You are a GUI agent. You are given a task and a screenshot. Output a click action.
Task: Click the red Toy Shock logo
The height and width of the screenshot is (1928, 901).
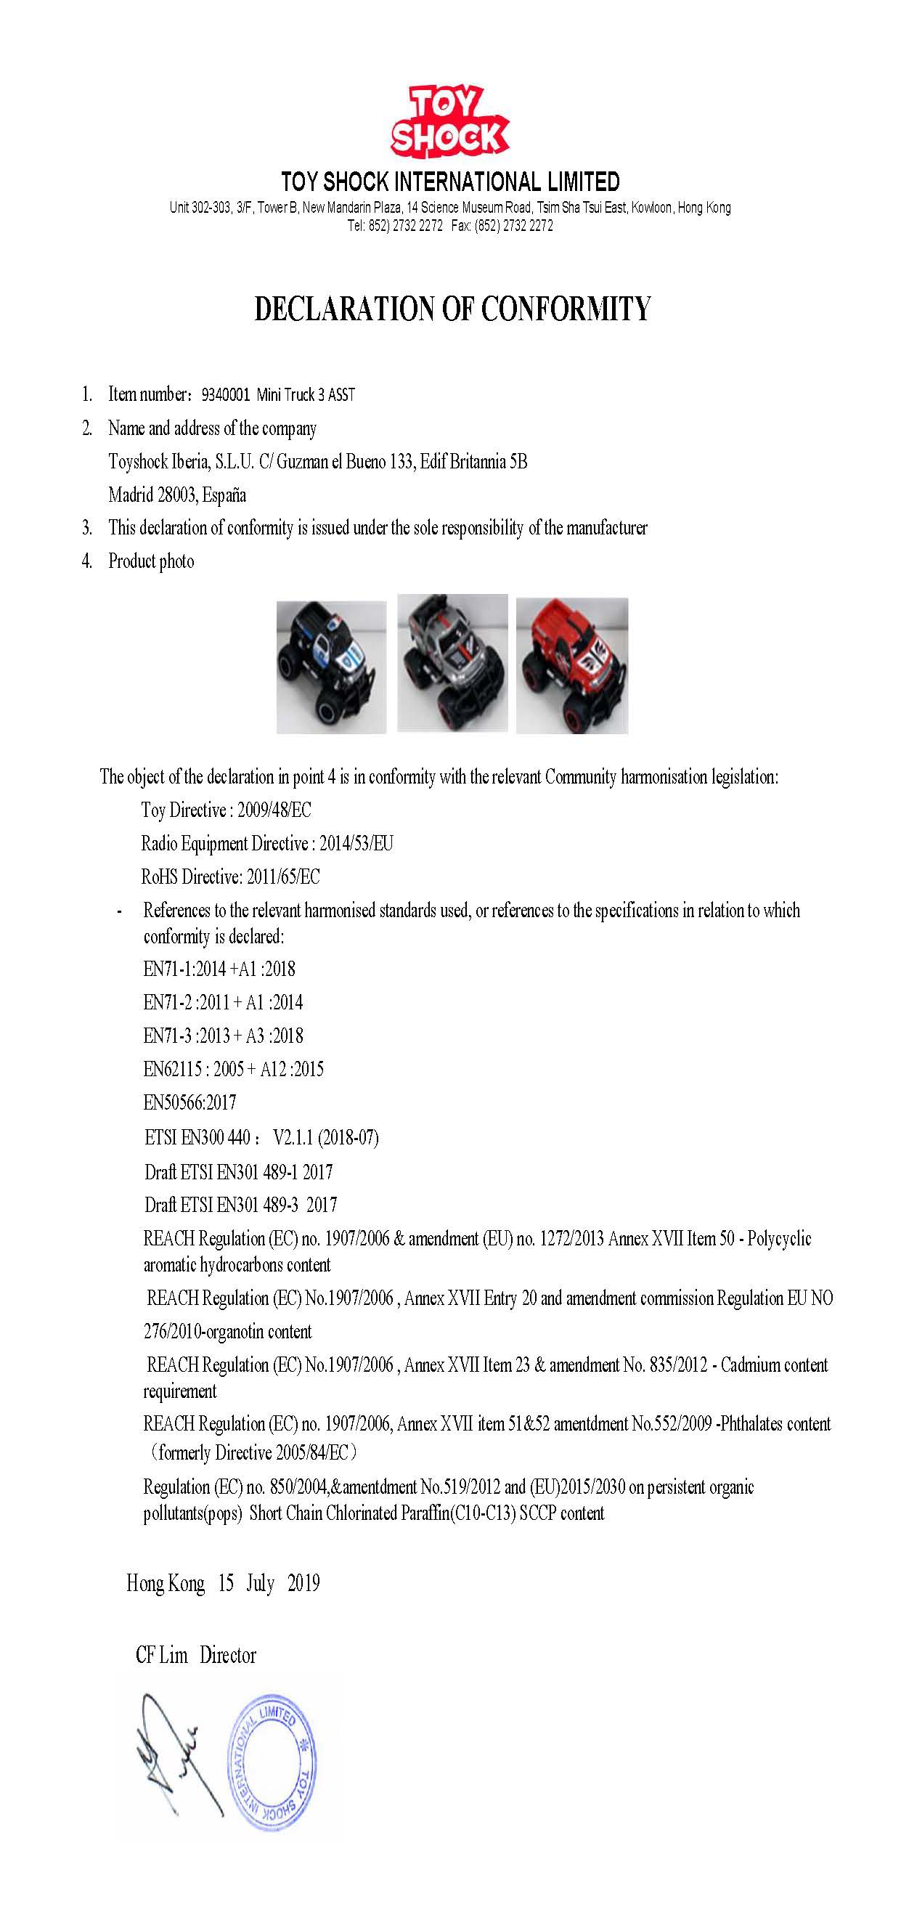point(449,123)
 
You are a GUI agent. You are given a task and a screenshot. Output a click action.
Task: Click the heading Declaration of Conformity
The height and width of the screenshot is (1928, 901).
point(452,309)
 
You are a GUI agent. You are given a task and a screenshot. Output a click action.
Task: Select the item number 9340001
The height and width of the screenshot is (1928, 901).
point(225,394)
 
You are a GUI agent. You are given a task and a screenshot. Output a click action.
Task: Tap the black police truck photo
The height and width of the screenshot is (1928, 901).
point(332,666)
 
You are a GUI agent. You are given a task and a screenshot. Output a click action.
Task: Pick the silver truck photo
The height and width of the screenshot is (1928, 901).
point(452,663)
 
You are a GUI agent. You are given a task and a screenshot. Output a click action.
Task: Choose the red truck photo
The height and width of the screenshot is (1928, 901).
point(573,664)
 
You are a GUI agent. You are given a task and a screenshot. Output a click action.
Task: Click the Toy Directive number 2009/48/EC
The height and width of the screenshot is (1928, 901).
point(274,810)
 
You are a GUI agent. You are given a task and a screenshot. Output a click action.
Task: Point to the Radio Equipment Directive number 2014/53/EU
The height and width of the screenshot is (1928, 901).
point(356,844)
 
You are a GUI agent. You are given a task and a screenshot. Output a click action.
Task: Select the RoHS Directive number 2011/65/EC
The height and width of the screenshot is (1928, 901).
point(283,876)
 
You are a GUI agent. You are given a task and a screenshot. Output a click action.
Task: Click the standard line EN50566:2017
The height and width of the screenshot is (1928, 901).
point(190,1102)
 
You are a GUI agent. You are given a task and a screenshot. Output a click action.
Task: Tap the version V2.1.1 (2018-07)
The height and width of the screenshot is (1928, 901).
point(325,1138)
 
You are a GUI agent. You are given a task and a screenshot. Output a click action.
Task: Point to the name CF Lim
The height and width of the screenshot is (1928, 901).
point(162,1655)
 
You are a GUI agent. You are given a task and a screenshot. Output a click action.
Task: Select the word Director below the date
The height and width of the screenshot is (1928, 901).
point(227,1655)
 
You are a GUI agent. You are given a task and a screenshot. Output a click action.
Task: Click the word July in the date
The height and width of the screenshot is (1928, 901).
point(261,1583)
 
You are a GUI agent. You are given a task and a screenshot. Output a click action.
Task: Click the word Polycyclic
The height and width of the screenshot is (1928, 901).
point(779,1239)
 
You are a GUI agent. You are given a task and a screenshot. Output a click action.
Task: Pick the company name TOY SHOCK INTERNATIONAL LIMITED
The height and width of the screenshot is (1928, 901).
point(450,182)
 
